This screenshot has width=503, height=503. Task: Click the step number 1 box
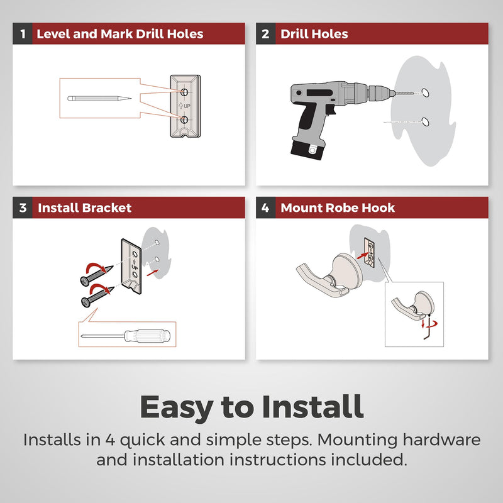click(x=23, y=34)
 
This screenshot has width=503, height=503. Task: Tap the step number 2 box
click(x=265, y=34)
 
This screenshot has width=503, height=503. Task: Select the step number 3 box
click(x=23, y=208)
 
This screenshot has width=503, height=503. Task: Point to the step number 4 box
click(x=265, y=208)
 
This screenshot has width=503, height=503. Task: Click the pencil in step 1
click(x=99, y=98)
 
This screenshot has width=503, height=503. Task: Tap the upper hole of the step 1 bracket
click(x=184, y=92)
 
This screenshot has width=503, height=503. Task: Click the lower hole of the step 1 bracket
click(x=184, y=119)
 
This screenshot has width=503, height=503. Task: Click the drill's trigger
click(x=330, y=109)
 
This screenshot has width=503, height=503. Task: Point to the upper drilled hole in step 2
click(x=425, y=92)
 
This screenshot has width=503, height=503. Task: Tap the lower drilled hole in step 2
click(x=425, y=122)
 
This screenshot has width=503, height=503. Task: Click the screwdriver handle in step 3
click(x=148, y=336)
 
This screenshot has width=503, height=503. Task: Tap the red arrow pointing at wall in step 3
click(x=152, y=273)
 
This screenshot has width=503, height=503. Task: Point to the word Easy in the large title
click(x=177, y=408)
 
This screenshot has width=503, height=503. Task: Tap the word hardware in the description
click(x=441, y=439)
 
